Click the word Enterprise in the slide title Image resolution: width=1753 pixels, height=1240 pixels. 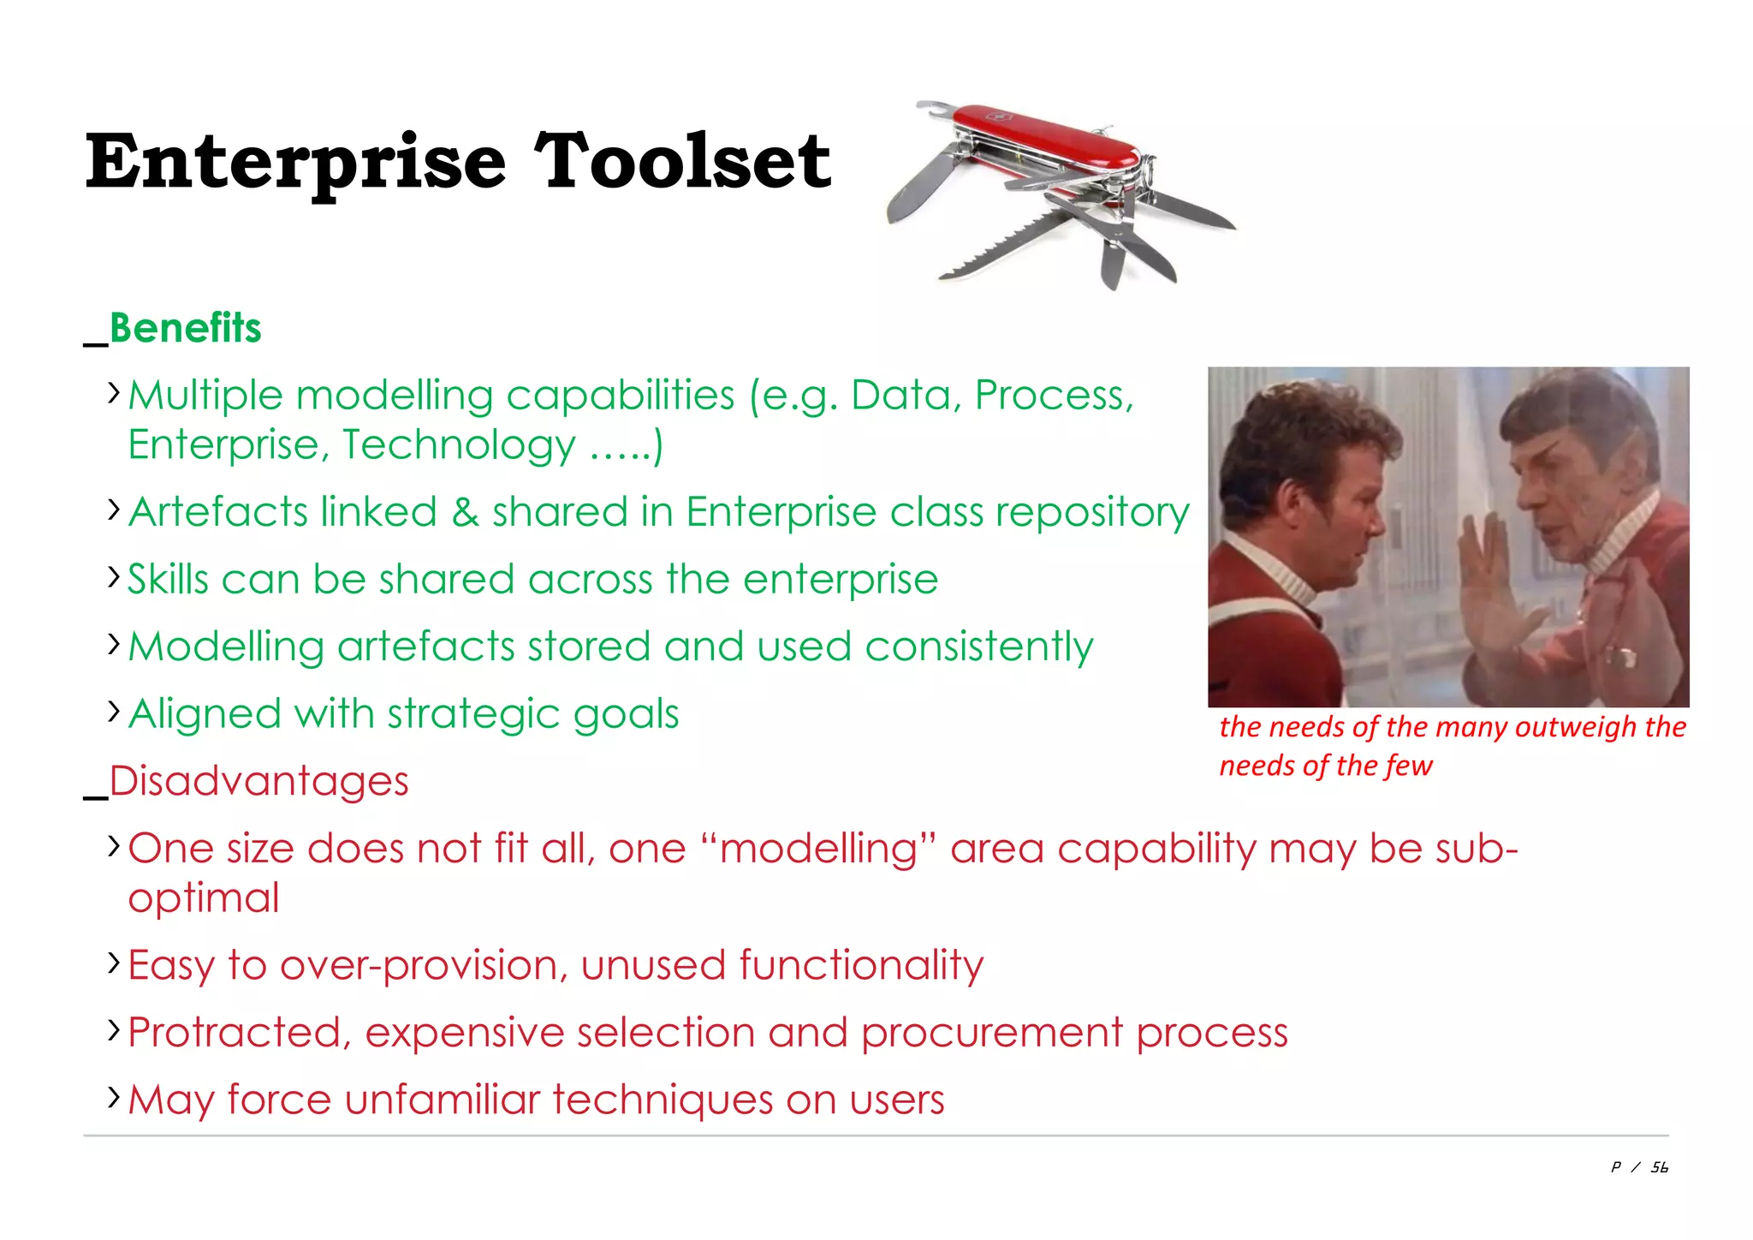pos(296,163)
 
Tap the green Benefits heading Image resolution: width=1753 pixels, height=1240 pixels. pos(185,328)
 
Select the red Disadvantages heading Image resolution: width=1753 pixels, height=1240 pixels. pos(258,781)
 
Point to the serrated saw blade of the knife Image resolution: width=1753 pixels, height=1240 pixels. pos(1001,248)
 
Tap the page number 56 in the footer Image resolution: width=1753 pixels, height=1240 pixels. pos(1659,1167)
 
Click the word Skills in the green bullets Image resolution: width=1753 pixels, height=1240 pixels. pos(168,580)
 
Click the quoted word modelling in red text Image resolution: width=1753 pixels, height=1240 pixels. pos(819,849)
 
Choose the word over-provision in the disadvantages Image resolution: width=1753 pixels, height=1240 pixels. pos(424,965)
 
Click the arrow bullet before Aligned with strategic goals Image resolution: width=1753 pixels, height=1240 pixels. pos(114,711)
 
